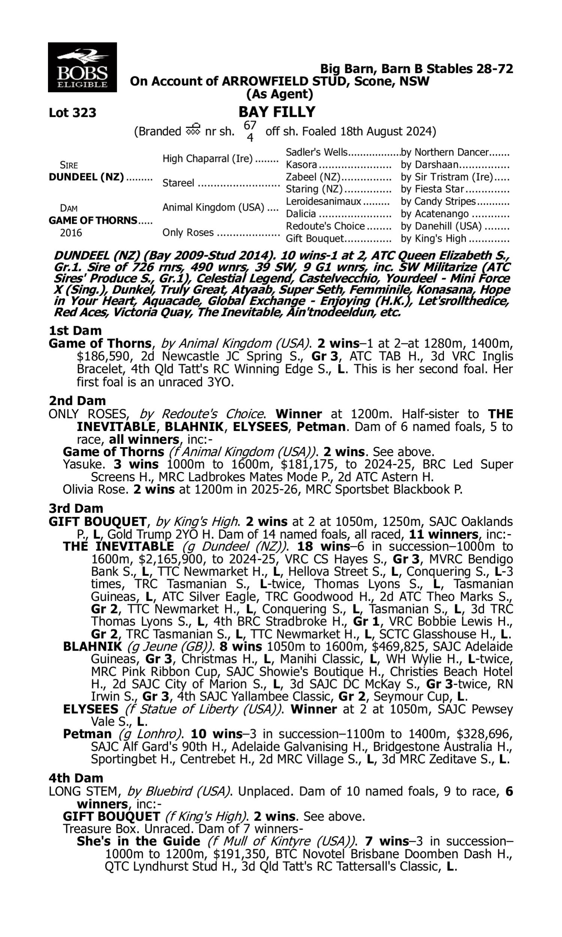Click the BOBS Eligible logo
point(82,67)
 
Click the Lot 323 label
point(72,113)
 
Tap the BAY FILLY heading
point(277,112)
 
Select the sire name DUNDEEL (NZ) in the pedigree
point(86,177)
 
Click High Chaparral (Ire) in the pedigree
point(208,159)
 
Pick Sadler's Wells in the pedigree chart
point(316,152)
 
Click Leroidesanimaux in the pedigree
point(323,202)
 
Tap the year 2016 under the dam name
point(71,233)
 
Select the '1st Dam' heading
point(75,331)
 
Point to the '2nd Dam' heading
point(77,401)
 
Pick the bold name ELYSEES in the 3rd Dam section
point(91,709)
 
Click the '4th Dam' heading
point(76,778)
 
